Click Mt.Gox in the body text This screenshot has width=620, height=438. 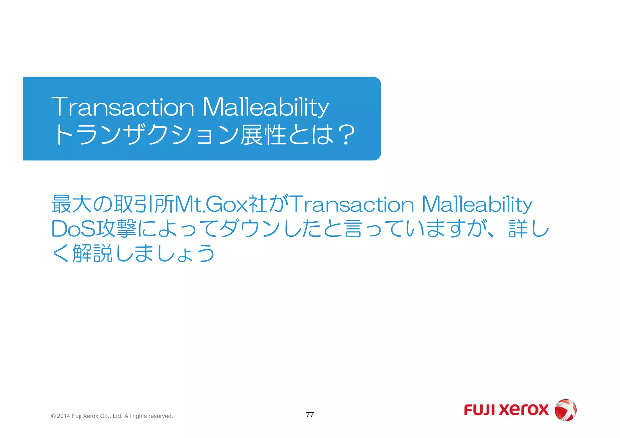211,204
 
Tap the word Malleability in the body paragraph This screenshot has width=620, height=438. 477,204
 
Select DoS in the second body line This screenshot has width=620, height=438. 73,229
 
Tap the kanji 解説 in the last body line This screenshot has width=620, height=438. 93,253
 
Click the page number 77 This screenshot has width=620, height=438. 310,415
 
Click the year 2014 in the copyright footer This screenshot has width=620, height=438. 63,416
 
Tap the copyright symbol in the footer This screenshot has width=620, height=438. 53,416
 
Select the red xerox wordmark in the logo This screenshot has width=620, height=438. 524,410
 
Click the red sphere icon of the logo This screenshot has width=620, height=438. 565,410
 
